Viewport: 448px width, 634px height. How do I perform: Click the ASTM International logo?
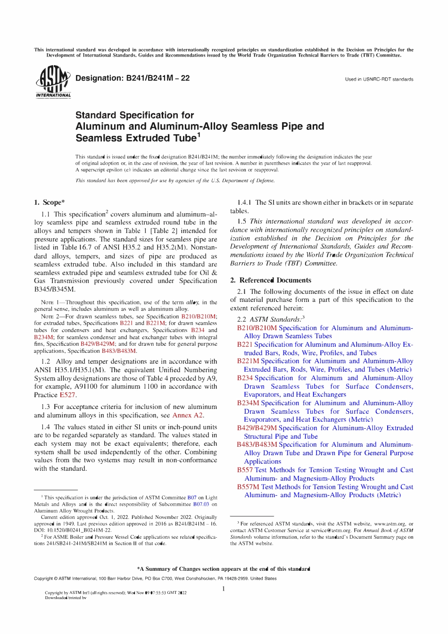(x=52, y=83)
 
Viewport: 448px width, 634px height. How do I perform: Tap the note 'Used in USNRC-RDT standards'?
(x=379, y=79)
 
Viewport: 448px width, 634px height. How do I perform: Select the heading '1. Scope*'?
(x=49, y=202)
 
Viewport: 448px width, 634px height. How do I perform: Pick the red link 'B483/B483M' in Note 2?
(x=119, y=351)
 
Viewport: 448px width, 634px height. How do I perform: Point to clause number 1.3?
(x=45, y=407)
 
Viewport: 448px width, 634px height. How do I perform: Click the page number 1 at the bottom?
(x=224, y=588)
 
